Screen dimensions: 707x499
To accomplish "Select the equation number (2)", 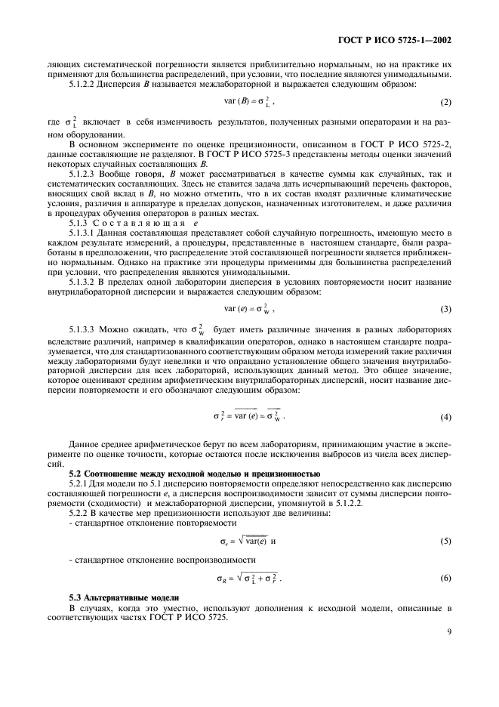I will (x=446, y=102).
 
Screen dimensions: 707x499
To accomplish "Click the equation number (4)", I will (x=446, y=416).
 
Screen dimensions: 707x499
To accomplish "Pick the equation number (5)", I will (x=446, y=542).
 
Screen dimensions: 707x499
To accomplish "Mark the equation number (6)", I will (x=446, y=579).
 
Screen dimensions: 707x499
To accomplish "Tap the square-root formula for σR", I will (x=249, y=579).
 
